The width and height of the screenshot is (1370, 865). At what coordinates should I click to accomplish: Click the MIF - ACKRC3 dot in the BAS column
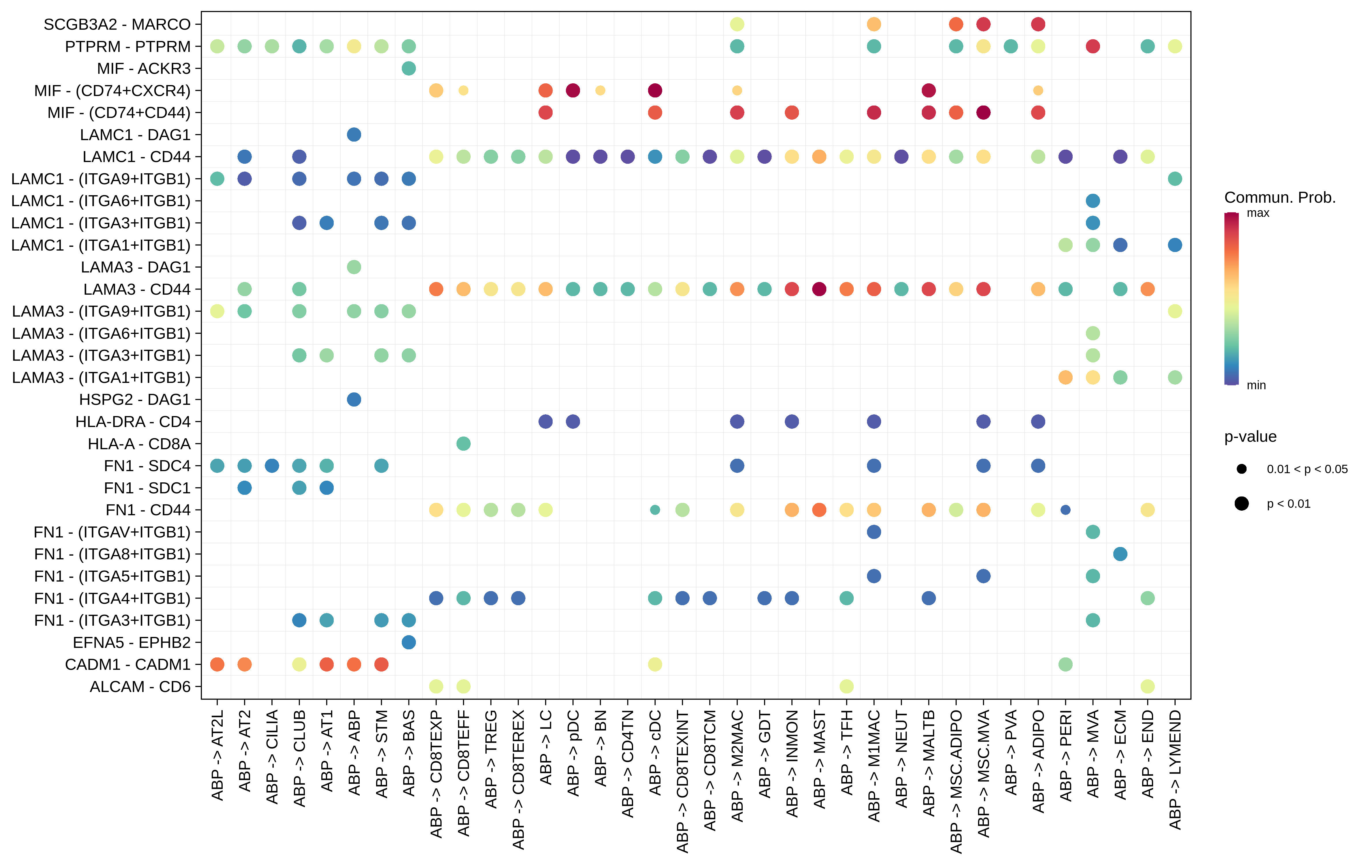pos(408,68)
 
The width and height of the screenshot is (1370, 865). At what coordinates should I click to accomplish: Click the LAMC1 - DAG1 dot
pos(354,135)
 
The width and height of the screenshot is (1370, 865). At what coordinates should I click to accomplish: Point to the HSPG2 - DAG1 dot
pos(354,399)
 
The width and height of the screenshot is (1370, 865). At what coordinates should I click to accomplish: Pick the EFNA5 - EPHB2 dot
pos(408,642)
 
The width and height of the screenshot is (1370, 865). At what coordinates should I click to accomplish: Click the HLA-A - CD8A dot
pos(463,443)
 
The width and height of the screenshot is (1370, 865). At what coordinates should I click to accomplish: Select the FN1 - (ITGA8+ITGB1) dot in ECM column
pos(1120,554)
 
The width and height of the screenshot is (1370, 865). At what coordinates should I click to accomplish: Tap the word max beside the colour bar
pos(1258,213)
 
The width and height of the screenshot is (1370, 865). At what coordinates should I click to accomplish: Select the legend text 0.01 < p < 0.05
pos(1307,469)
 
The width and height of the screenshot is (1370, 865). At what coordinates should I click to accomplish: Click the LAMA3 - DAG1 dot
pos(354,267)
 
